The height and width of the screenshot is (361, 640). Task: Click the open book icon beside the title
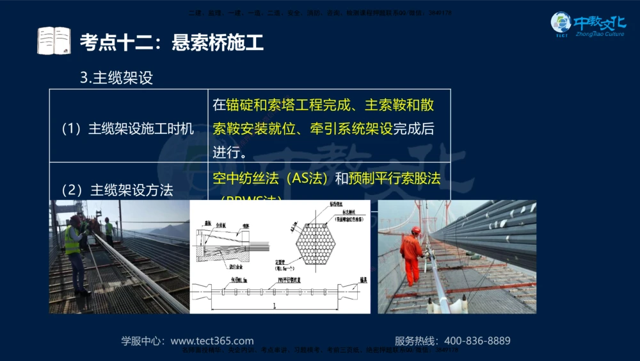pos(54,42)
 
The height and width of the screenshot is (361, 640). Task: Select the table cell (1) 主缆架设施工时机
pos(127,128)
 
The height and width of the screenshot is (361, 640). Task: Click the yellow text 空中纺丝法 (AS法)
pos(271,178)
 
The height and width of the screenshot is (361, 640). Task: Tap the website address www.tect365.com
pos(212,341)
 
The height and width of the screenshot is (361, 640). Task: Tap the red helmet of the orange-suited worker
pos(416,230)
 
